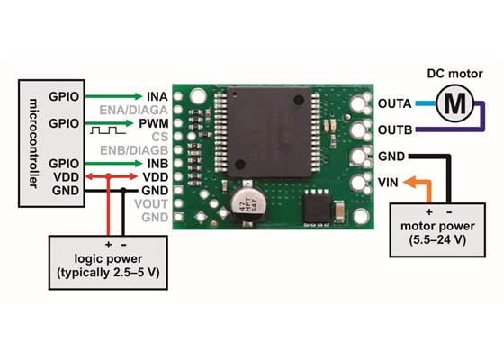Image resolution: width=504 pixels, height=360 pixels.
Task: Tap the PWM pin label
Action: pyautogui.click(x=152, y=121)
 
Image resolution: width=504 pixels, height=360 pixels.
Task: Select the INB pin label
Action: pyautogui.click(x=153, y=163)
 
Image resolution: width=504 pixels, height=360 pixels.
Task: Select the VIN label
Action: pyautogui.click(x=390, y=183)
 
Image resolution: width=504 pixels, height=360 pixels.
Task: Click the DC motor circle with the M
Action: pyautogui.click(x=457, y=103)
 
